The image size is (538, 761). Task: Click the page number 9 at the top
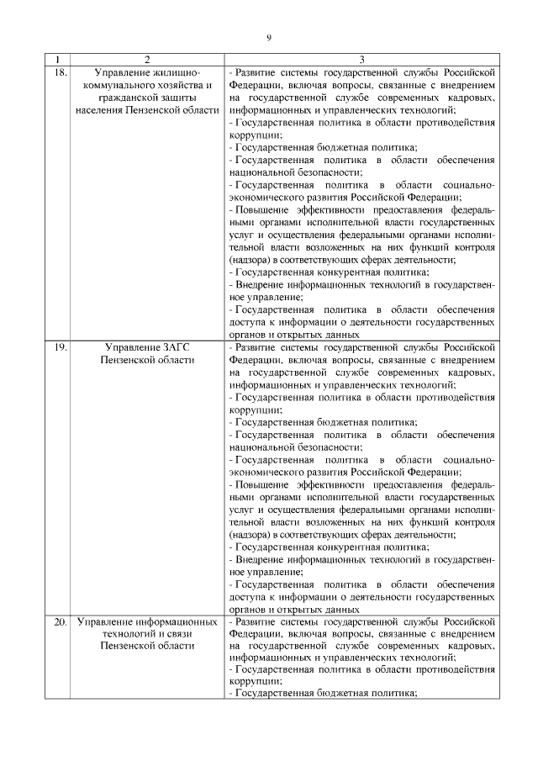(x=269, y=37)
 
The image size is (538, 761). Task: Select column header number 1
(x=56, y=60)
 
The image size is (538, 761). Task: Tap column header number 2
(x=147, y=60)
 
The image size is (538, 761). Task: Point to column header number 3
(x=361, y=60)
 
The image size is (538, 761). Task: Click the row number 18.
(x=59, y=72)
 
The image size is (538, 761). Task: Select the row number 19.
(x=59, y=346)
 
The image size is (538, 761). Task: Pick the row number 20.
(x=59, y=622)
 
